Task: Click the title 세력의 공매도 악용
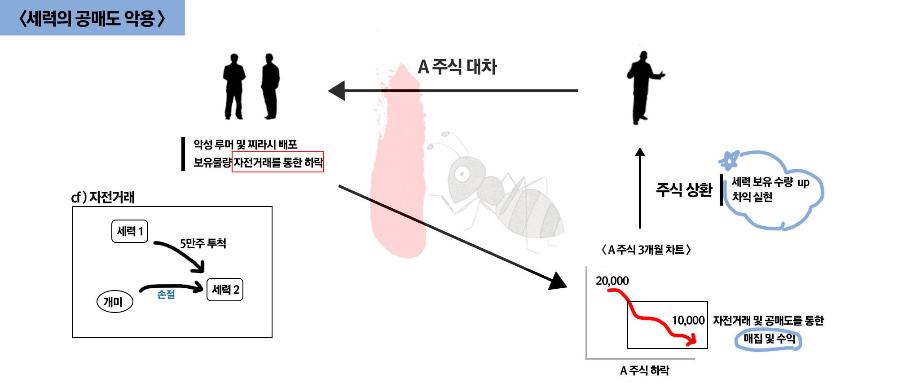(92, 18)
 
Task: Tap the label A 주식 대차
(457, 67)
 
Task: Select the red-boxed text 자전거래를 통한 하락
(278, 162)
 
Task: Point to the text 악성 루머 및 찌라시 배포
(245, 145)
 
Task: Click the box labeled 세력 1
(130, 231)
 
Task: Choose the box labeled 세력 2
(225, 290)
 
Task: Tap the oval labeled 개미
(114, 302)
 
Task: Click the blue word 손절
(166, 295)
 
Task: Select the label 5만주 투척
(203, 243)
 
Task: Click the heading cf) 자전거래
(103, 197)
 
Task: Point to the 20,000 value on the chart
(612, 281)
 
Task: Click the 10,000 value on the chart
(688, 321)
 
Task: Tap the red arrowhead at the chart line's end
(693, 339)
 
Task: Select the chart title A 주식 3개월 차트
(646, 250)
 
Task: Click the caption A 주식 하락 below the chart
(644, 370)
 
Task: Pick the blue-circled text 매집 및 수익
(769, 339)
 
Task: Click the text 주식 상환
(684, 190)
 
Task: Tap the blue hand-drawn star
(729, 159)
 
